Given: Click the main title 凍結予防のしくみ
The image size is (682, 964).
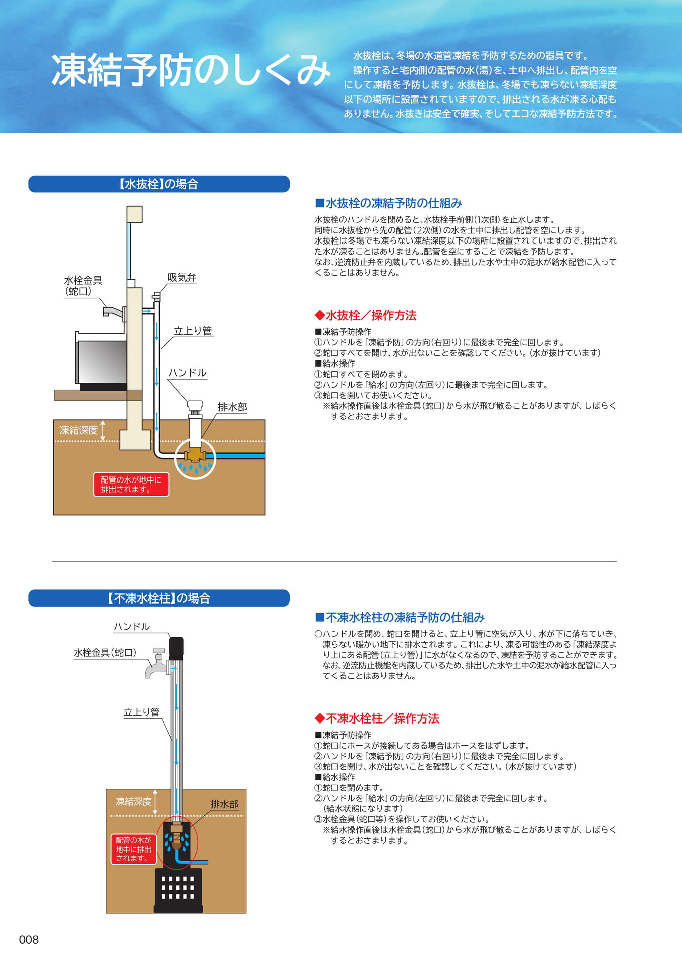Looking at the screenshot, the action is tap(191, 70).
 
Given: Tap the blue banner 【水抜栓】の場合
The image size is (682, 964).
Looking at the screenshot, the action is tap(159, 184).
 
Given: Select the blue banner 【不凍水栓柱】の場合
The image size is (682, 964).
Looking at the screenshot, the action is tap(159, 598).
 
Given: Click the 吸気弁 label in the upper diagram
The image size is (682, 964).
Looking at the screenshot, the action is tap(182, 278).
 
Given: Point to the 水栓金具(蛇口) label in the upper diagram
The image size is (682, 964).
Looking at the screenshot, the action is tap(83, 286).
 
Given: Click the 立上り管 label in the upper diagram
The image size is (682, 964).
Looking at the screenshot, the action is tap(193, 331).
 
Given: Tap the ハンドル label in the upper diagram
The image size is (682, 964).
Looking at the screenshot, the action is tap(187, 373).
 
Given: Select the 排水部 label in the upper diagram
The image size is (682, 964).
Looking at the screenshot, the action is tap(232, 407).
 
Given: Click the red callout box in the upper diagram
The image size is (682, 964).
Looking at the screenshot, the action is tap(131, 485).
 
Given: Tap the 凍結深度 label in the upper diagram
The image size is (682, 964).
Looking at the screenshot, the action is tap(79, 430).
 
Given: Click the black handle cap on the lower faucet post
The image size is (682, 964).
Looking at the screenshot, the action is tap(176, 648).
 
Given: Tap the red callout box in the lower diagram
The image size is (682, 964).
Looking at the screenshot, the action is tap(134, 849).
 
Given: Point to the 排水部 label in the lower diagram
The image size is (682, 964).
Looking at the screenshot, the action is tap(224, 804).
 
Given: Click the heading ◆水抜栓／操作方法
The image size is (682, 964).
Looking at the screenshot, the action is tap(366, 315).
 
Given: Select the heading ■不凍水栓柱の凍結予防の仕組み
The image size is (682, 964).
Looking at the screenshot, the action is tap(400, 617).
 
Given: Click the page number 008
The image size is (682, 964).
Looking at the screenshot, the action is tap(29, 940).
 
